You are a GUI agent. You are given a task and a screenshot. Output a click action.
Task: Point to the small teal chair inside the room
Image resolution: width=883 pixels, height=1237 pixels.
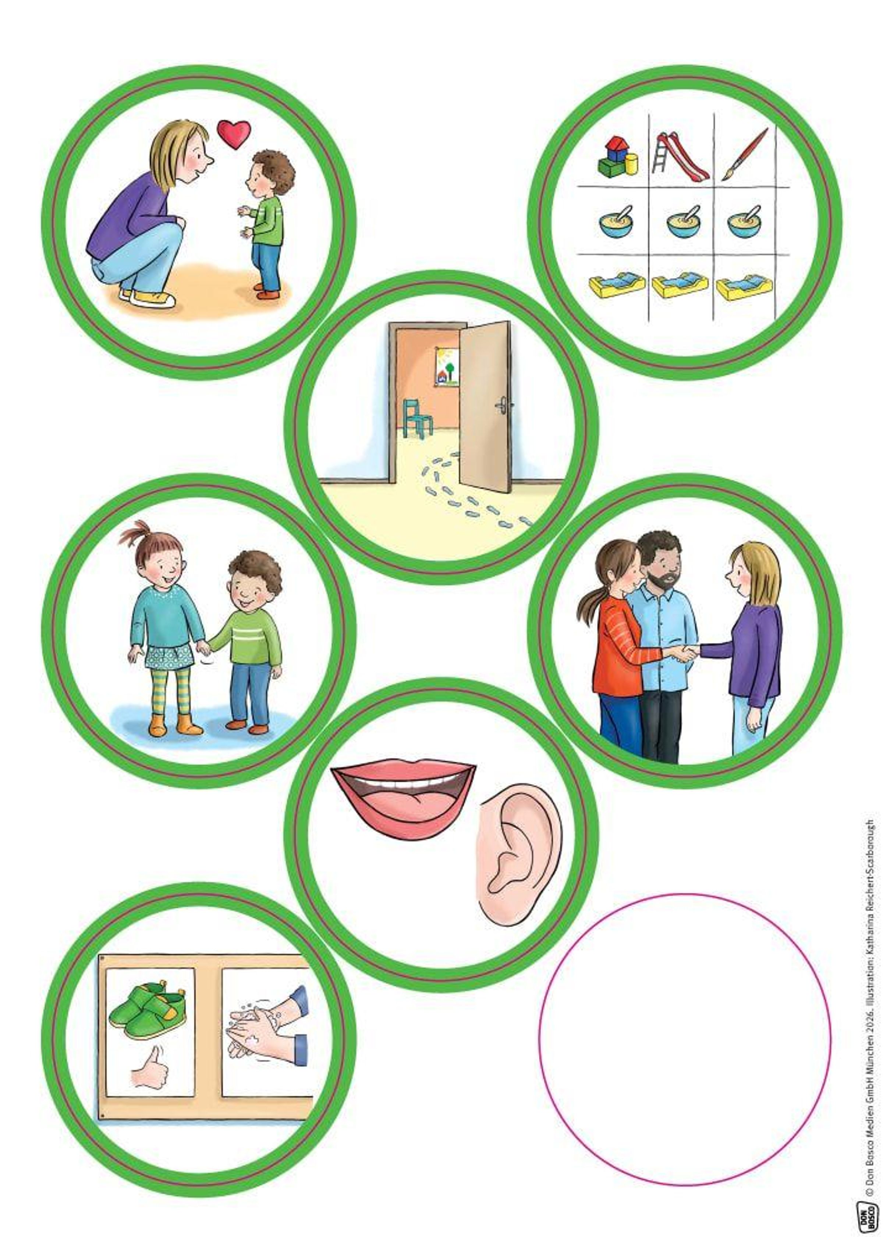(417, 417)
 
